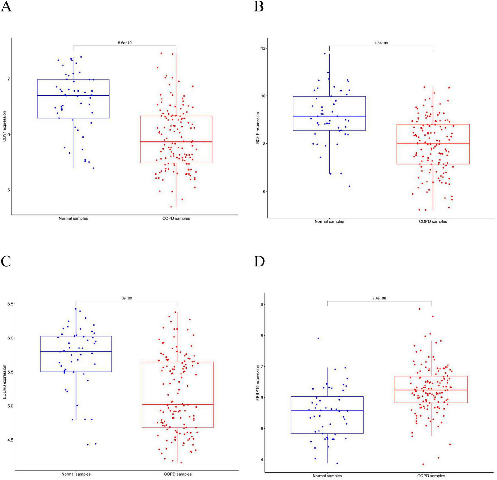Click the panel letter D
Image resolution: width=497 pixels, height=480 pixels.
[259, 261]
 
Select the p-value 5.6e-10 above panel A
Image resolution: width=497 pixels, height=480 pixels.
[125, 43]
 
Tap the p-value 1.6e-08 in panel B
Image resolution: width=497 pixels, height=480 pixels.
[381, 43]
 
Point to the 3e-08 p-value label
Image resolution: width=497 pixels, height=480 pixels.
[126, 298]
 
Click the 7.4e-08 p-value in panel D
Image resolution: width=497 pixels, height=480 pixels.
[379, 298]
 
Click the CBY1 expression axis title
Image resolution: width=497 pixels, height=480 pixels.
[4, 126]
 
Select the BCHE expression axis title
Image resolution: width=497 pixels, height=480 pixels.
[257, 128]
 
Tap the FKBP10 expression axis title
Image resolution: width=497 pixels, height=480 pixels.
[257, 382]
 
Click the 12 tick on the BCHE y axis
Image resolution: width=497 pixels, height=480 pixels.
[263, 48]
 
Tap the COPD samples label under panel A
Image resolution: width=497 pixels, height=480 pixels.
[176, 218]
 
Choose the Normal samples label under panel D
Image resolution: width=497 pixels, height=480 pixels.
[327, 476]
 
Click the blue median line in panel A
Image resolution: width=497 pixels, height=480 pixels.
[73, 96]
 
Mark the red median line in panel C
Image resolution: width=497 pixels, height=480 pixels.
[178, 404]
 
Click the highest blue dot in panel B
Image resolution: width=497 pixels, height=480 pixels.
[325, 54]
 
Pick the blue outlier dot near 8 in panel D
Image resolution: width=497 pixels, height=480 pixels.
[318, 339]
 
